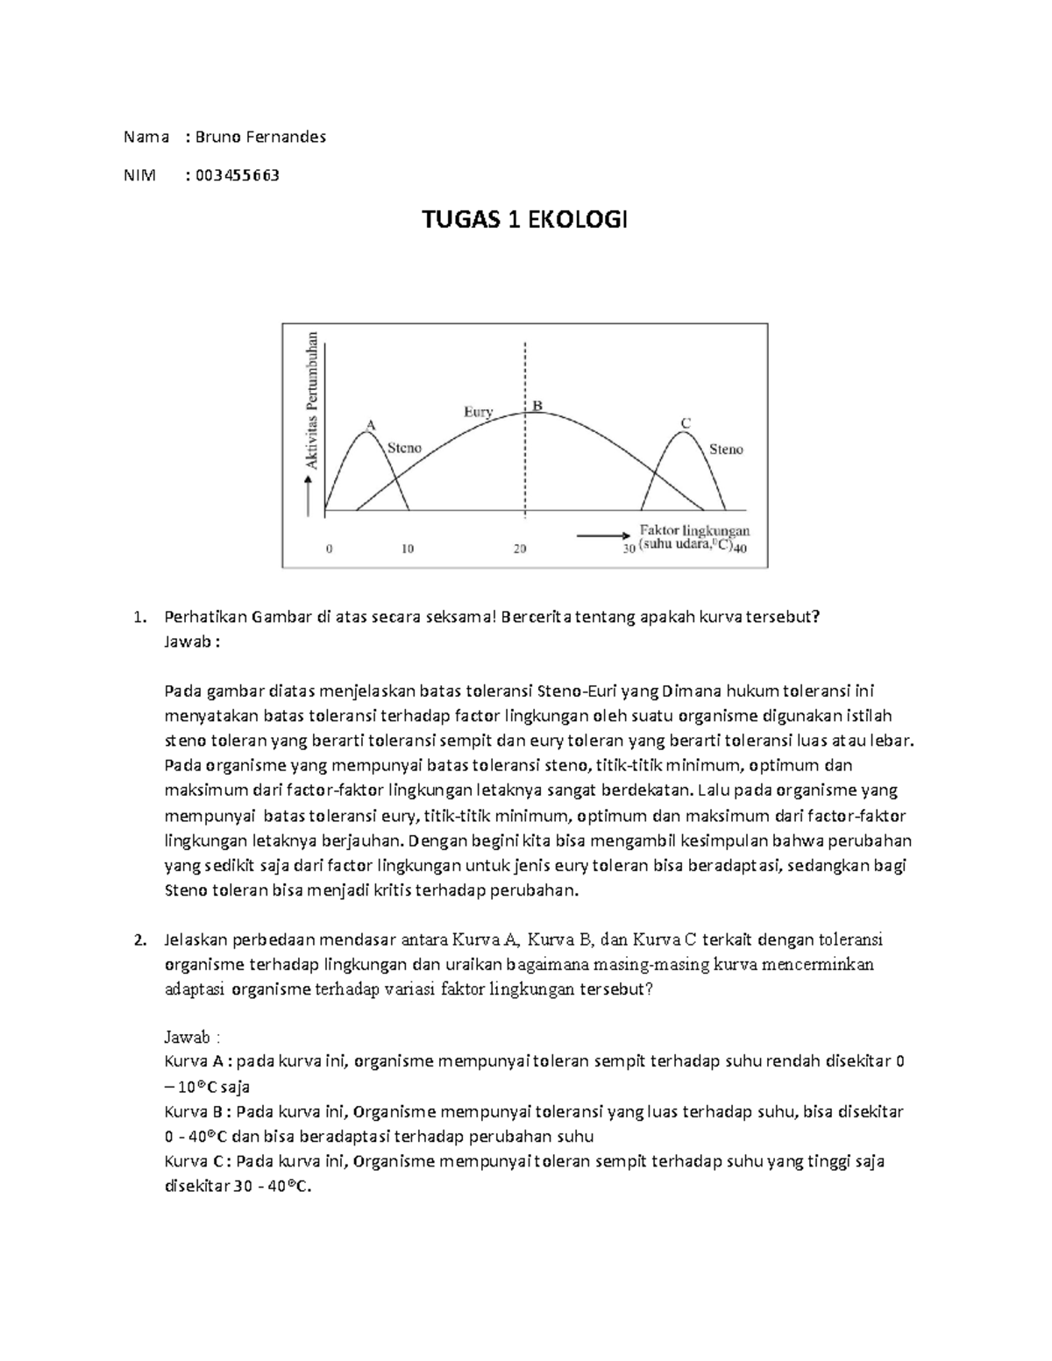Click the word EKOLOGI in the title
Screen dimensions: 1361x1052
click(x=578, y=220)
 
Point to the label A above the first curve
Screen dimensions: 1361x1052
click(x=370, y=424)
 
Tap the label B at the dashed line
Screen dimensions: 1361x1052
click(x=537, y=406)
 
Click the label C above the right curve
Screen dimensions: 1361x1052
click(x=686, y=423)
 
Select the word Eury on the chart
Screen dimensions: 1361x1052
click(x=478, y=411)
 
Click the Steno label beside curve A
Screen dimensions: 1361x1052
click(x=404, y=448)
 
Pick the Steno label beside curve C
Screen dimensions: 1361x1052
click(x=726, y=450)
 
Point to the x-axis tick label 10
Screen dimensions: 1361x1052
click(x=408, y=549)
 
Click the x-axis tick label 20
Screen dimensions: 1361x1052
click(x=520, y=549)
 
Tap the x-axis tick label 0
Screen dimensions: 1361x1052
click(x=330, y=549)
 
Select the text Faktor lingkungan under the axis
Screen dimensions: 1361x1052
click(x=694, y=531)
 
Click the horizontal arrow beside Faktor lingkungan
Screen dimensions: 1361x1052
click(x=603, y=534)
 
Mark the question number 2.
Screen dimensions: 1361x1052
click(x=139, y=940)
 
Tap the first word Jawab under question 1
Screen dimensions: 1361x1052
click(x=186, y=642)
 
